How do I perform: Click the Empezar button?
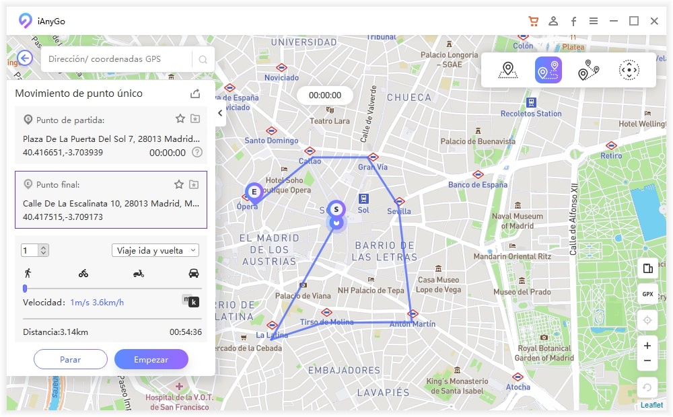point(151,359)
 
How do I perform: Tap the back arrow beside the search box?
point(26,59)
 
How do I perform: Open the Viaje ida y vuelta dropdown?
point(155,250)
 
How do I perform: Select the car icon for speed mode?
point(194,273)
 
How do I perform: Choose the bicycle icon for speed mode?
point(83,273)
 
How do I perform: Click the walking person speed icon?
point(28,273)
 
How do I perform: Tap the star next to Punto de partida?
point(180,119)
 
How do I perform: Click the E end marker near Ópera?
point(254,192)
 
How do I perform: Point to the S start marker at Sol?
point(336,209)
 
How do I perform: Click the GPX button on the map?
point(647,294)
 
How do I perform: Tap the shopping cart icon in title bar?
point(534,22)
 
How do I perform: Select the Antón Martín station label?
point(413,324)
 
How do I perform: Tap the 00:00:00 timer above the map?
point(325,96)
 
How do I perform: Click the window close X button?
point(654,22)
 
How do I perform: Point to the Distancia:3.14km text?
point(55,332)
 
